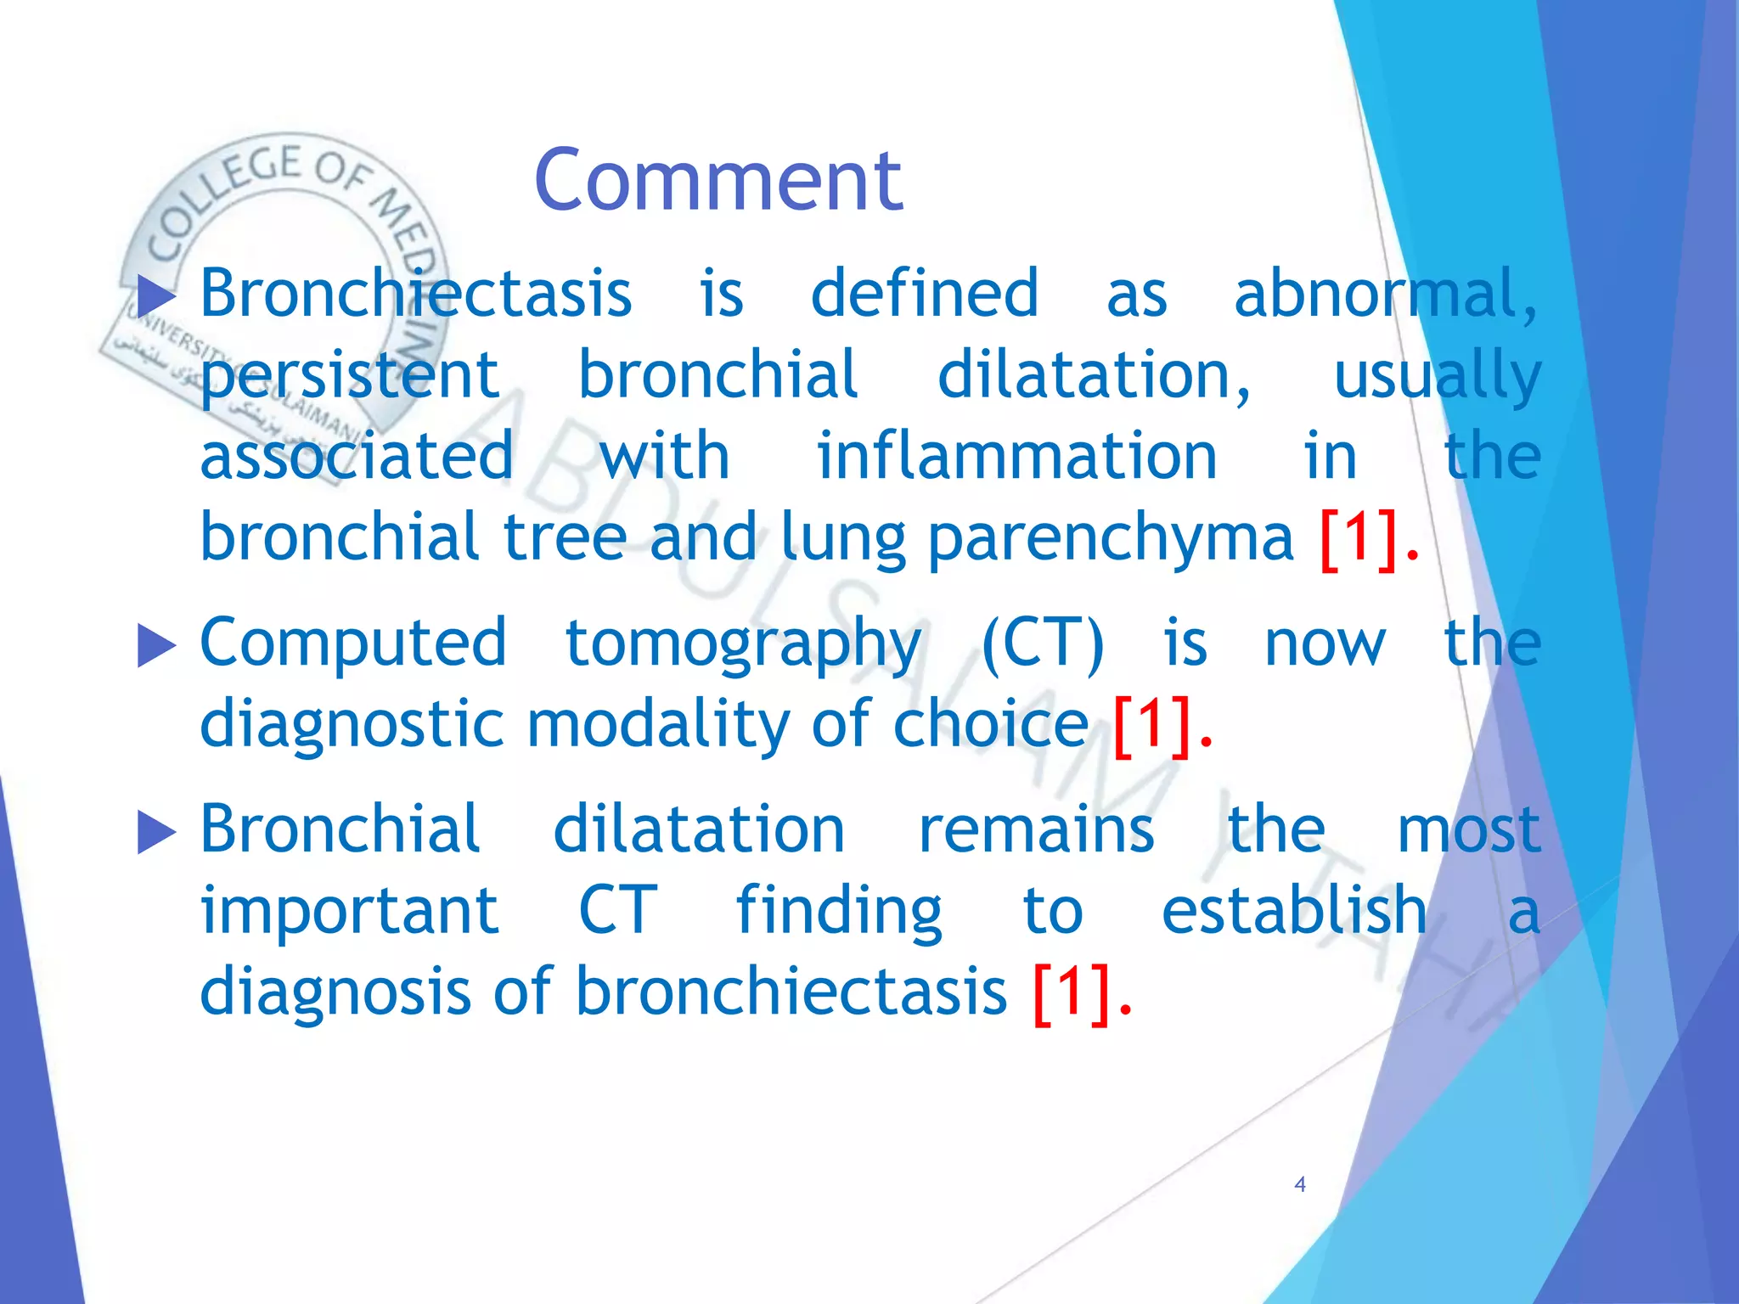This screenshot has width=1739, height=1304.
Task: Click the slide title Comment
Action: coord(718,180)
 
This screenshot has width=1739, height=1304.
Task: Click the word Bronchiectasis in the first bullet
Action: coord(416,294)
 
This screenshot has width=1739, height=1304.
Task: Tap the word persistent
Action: coord(350,376)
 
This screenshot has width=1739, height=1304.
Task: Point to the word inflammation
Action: coord(1016,457)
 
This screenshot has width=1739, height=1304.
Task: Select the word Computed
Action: coord(353,643)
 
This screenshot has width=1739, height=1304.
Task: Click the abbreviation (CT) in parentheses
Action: coord(1043,643)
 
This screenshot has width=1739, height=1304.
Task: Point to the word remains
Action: coord(1036,829)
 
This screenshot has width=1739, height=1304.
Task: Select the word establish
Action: coord(1294,910)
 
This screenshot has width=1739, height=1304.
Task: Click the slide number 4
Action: coord(1299,1184)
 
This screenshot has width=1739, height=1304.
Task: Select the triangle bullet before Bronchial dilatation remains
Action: coord(155,832)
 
